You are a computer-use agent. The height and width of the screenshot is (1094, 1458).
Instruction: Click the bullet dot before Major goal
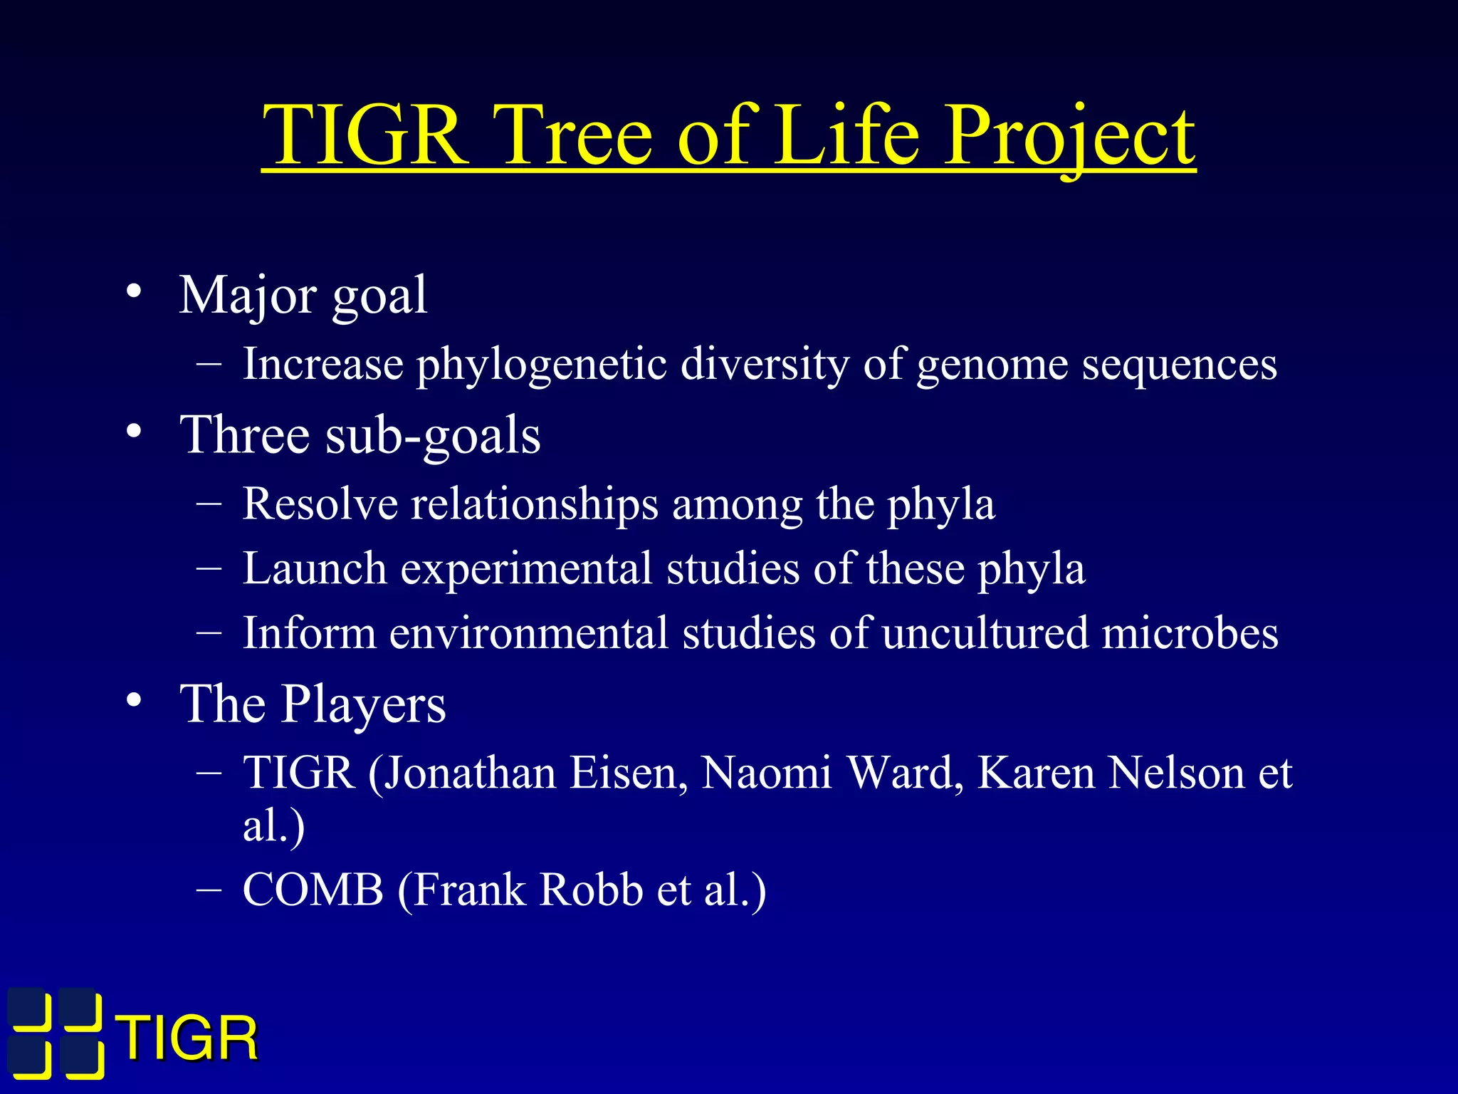point(134,293)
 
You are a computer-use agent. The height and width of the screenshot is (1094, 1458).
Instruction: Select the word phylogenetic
point(541,365)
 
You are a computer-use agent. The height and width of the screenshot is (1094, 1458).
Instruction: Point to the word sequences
point(1179,365)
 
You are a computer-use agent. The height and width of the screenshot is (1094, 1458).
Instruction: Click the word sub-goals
point(433,436)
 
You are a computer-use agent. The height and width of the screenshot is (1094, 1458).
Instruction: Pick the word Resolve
point(320,504)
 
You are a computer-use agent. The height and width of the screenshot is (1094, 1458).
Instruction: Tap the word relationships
point(535,504)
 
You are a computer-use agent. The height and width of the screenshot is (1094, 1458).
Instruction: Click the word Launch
point(315,568)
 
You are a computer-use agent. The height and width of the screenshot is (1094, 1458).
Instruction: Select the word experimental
point(526,570)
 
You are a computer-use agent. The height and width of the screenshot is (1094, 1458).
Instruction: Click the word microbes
point(1190,632)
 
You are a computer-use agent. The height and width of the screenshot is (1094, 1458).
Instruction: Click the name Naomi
point(766,773)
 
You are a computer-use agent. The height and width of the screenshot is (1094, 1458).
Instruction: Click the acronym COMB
point(313,890)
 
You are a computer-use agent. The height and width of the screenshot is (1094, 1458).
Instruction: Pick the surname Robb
point(591,890)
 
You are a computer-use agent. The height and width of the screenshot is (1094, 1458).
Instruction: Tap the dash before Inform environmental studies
point(209,632)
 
